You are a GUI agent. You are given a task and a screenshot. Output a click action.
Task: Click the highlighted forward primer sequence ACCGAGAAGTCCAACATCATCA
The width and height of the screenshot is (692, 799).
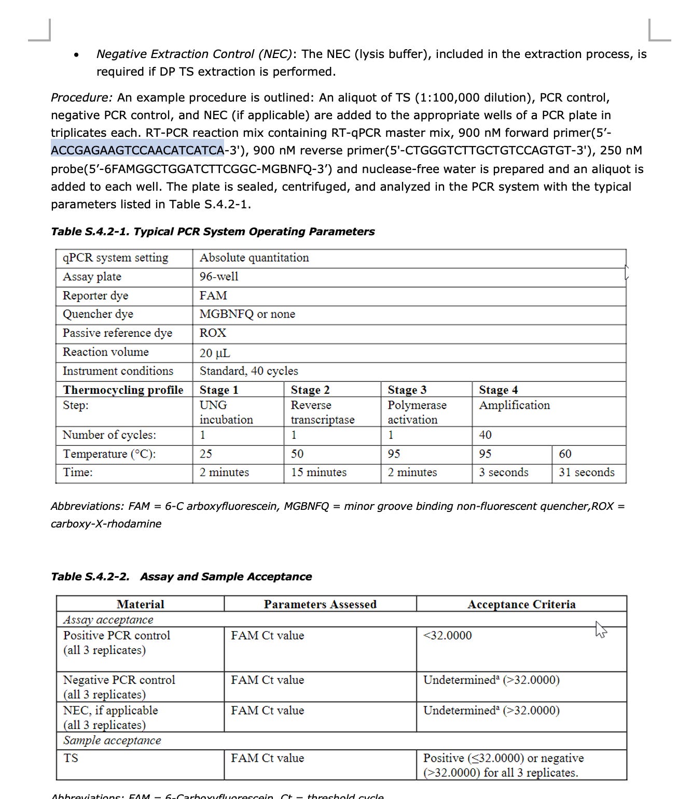coord(137,150)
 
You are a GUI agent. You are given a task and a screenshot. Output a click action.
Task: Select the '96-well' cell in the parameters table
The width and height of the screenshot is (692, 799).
coord(219,277)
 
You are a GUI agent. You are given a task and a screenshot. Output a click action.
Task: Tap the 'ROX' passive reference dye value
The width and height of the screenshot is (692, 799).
coord(213,333)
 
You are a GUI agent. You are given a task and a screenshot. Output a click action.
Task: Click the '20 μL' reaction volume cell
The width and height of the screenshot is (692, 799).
coord(215,353)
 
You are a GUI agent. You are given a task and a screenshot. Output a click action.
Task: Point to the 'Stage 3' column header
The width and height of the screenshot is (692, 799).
coord(407,390)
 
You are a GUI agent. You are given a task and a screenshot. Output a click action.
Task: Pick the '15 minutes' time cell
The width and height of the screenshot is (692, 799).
coord(319,472)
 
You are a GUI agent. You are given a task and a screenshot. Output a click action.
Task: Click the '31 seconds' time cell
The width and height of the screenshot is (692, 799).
coord(586,472)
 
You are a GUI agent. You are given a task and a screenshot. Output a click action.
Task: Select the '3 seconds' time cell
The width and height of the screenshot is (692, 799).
coord(503,472)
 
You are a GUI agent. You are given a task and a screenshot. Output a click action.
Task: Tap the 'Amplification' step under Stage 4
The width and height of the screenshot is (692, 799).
coord(514,405)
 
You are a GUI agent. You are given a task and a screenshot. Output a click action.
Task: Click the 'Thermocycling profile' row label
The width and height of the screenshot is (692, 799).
coord(123,390)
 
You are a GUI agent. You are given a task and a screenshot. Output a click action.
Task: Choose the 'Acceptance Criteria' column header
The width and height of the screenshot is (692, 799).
coord(521,604)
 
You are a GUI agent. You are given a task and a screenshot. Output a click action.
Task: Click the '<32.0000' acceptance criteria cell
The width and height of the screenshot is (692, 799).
coord(447,635)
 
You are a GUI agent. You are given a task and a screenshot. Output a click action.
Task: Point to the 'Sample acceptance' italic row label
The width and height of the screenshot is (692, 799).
coord(112,740)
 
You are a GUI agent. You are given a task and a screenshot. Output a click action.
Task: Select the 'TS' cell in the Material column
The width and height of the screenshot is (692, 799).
coord(71,758)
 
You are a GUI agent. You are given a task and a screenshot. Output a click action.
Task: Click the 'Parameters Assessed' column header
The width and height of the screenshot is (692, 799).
coord(320,604)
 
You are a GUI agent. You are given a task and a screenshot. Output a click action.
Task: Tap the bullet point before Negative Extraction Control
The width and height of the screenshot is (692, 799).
coord(76,54)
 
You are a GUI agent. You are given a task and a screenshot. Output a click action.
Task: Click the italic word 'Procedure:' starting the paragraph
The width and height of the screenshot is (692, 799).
coord(81,97)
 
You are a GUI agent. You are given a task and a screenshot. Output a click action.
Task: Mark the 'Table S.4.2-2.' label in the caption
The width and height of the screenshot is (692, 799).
coord(90,577)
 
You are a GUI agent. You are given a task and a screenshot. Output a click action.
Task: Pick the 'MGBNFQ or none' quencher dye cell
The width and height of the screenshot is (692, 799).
coord(247,314)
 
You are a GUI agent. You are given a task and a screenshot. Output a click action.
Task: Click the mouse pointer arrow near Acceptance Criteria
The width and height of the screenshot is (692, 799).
coord(601,630)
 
